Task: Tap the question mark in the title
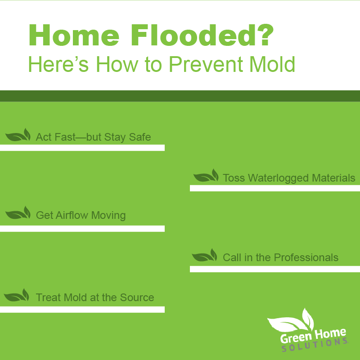tap(265, 35)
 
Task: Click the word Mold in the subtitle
tap(272, 64)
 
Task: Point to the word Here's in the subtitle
tap(58, 64)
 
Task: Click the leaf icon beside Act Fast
tap(18, 135)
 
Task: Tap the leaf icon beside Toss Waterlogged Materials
tap(206, 175)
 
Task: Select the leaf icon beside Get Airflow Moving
tap(18, 213)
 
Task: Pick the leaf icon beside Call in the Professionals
tap(205, 255)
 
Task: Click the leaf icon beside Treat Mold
tap(17, 295)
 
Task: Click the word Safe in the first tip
tap(140, 137)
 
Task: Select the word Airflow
tap(72, 215)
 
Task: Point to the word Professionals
tap(306, 258)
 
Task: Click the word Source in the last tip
tap(137, 298)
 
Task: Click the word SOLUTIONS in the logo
tap(315, 345)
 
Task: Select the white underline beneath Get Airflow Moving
tap(82, 229)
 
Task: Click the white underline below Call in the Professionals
tap(275, 269)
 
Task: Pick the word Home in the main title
tap(74, 36)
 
